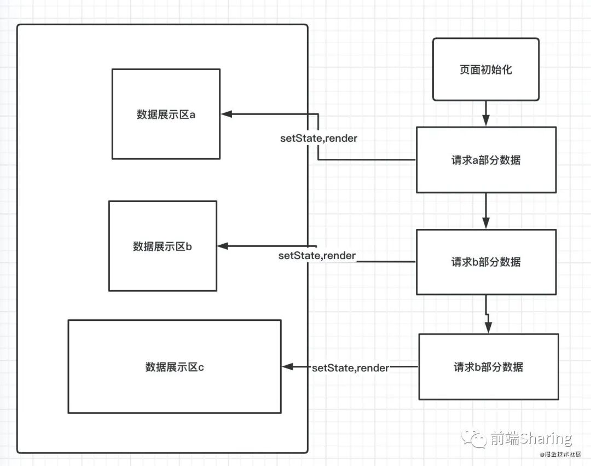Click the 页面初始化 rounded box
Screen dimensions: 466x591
click(485, 70)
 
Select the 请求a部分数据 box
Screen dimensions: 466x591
click(486, 160)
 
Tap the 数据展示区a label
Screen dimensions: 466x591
click(166, 114)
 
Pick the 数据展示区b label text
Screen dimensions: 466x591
click(163, 246)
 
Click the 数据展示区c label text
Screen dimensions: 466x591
click(175, 367)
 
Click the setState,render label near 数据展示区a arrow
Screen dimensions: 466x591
click(318, 138)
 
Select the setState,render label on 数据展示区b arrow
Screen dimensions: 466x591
click(317, 256)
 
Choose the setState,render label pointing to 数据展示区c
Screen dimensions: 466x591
click(350, 367)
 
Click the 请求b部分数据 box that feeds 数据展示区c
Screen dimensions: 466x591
click(489, 367)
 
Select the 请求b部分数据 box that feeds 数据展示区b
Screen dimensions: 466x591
click(486, 262)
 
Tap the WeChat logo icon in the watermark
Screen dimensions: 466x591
click(473, 438)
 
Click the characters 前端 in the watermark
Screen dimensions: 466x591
click(502, 439)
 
